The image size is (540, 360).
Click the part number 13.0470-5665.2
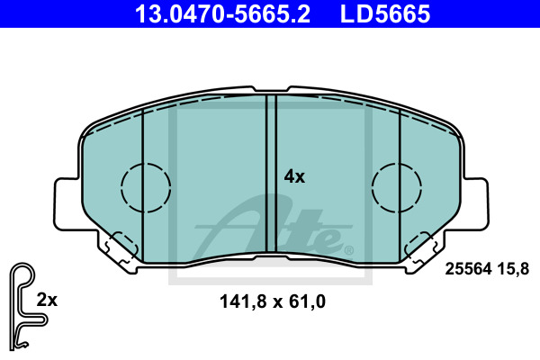tap(222, 13)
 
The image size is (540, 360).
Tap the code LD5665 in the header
tap(385, 13)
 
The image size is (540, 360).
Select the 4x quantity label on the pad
tap(294, 176)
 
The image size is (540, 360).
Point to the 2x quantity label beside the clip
tap(47, 300)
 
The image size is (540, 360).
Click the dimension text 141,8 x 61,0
tap(273, 301)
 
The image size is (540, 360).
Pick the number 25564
tap(468, 269)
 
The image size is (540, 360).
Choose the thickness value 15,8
tap(513, 269)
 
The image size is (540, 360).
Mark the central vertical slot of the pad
tap(272, 174)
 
